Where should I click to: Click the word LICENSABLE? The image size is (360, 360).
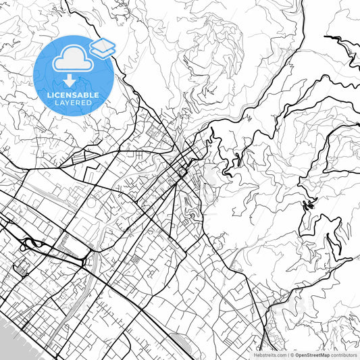[x=74, y=95]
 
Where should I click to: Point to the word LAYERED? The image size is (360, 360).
[x=74, y=103]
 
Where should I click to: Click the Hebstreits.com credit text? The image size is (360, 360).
[x=269, y=354]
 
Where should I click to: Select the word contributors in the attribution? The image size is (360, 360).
[x=344, y=354]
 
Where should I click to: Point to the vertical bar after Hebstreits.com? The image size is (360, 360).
[x=287, y=354]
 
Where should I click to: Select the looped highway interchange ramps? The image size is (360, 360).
[x=32, y=244]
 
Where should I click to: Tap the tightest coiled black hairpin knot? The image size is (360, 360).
[x=309, y=205]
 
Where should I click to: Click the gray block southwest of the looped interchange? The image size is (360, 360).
[x=18, y=269]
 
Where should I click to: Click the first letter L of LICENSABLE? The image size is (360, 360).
[x=49, y=95]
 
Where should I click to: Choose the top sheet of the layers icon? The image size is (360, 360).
[x=103, y=44]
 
